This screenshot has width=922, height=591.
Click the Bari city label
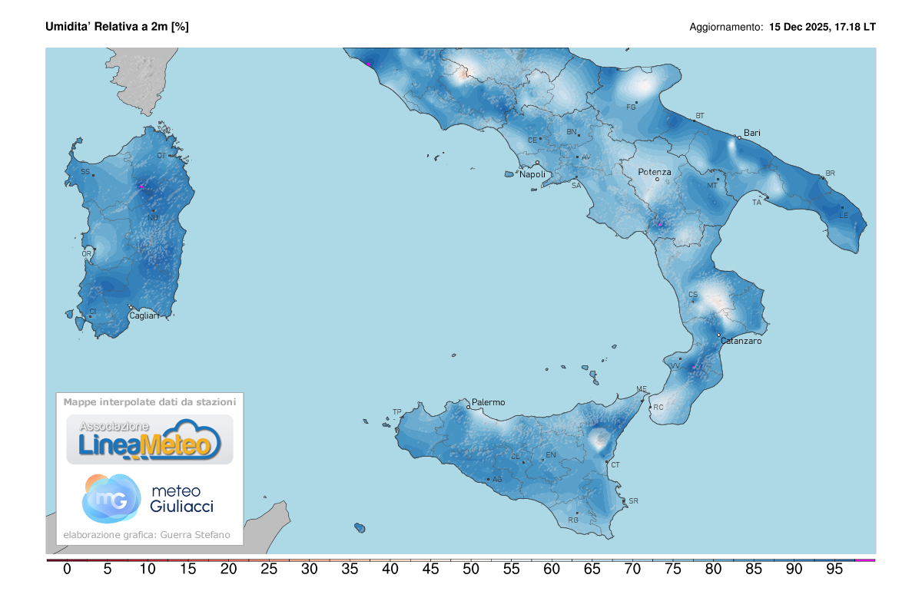coord(752,133)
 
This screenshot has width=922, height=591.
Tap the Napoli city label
coord(532,174)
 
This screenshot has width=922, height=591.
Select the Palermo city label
coord(489,401)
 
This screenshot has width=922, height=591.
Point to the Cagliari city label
coord(144,315)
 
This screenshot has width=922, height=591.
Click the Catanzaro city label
coord(741,341)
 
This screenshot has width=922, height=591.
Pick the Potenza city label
coord(655,172)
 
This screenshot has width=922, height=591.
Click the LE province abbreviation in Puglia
coord(843,215)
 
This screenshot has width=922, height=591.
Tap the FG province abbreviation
coord(632,107)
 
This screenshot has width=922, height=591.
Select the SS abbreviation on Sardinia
coord(85,172)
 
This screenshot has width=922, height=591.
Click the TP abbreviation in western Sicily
coord(397,412)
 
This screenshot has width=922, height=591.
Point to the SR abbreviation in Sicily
coord(633,501)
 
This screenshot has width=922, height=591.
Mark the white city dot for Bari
coord(739,137)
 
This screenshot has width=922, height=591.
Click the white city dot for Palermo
coord(468,407)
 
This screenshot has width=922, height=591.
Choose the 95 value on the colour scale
coord(834,570)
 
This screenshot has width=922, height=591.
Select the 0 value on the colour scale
coord(67,570)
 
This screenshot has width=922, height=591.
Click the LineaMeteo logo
coord(150,440)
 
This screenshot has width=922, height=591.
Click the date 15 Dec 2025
coord(799,27)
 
